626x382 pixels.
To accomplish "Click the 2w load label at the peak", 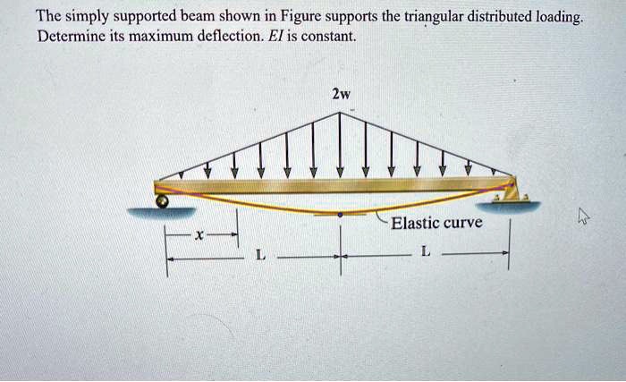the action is click(x=342, y=94).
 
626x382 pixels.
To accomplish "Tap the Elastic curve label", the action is click(x=436, y=223).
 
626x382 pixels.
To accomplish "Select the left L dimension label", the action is click(x=260, y=255).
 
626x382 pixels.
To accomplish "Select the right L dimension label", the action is click(x=426, y=251).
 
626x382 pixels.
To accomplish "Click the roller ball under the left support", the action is click(x=162, y=201).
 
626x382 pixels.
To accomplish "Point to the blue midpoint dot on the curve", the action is click(x=340, y=215).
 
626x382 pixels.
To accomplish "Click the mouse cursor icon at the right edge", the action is click(x=583, y=217).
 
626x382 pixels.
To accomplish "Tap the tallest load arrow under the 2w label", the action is click(x=340, y=145).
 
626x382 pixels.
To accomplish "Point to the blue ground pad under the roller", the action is click(x=161, y=212).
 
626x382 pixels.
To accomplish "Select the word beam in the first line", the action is click(x=198, y=16).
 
